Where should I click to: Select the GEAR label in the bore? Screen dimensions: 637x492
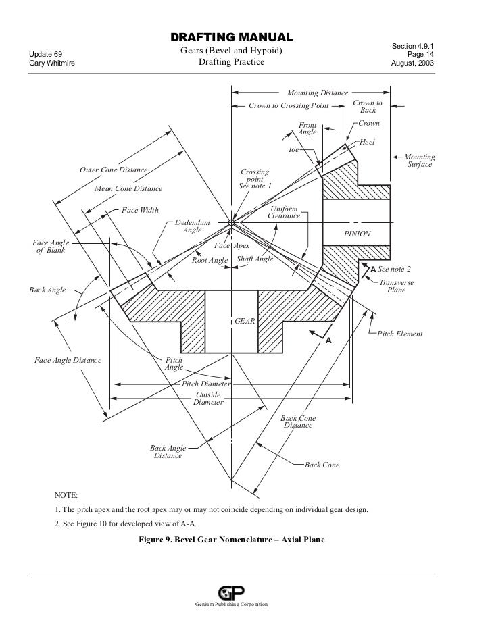click(x=245, y=322)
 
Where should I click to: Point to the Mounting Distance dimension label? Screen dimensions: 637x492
click(x=318, y=93)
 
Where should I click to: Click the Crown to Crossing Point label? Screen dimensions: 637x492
click(x=289, y=106)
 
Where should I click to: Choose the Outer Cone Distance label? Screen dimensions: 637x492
click(x=114, y=170)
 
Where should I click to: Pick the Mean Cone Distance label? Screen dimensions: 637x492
click(x=128, y=189)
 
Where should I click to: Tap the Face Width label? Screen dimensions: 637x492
click(x=140, y=210)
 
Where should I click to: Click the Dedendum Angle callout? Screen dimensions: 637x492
click(x=193, y=226)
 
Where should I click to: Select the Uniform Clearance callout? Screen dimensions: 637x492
click(x=284, y=213)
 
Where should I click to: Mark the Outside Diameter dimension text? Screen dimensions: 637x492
click(x=208, y=398)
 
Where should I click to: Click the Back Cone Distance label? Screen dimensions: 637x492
click(x=298, y=422)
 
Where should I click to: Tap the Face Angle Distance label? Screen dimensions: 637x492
click(x=68, y=360)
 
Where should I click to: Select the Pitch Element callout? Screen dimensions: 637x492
click(x=399, y=334)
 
